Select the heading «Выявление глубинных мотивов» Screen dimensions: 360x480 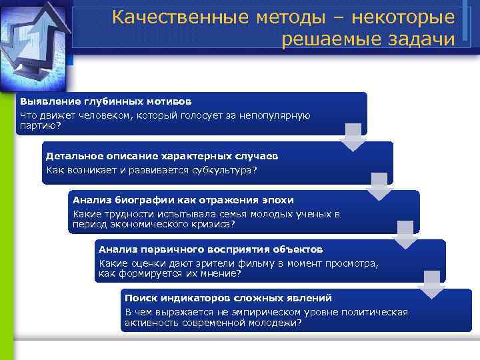coord(105,102)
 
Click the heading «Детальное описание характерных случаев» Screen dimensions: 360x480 coord(162,156)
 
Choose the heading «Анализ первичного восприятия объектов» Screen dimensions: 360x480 coord(211,249)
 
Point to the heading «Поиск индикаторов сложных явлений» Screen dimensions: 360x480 coord(228,298)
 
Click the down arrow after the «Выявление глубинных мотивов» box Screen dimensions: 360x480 coord(353,137)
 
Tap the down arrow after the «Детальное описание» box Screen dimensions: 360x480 coord(380,186)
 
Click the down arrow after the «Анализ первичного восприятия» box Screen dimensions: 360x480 coord(431,285)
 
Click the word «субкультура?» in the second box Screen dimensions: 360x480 coord(225,170)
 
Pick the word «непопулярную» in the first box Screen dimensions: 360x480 coord(277,115)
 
